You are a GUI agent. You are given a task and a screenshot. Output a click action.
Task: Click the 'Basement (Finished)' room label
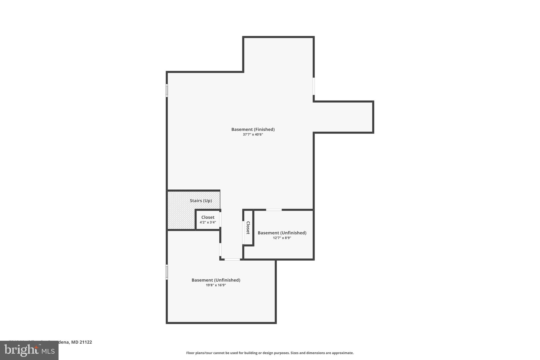tap(253, 129)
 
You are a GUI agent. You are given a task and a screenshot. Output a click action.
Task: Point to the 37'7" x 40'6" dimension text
tap(253, 135)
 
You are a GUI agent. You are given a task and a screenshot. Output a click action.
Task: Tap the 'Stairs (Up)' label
tap(201, 201)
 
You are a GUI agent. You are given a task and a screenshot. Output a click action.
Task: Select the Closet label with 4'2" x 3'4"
tap(208, 217)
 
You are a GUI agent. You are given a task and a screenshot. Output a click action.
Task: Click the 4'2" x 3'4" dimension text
tap(208, 222)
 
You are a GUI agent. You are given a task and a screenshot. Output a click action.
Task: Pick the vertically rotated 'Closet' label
tap(248, 228)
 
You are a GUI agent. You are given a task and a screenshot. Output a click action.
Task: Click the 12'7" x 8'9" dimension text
tap(282, 238)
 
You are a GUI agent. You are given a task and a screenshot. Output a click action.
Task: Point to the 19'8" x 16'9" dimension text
tap(216, 285)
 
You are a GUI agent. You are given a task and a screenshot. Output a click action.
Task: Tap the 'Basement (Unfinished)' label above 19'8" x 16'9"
tap(216, 280)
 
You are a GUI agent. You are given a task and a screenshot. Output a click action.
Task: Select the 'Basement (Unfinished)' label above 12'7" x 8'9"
tap(282, 233)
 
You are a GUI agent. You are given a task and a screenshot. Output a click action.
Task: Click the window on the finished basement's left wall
tap(167, 90)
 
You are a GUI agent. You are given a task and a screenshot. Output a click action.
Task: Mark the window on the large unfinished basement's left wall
tap(167, 272)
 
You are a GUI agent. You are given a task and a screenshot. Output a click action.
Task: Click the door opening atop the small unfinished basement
tap(274, 210)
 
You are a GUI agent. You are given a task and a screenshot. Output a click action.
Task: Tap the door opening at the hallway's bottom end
tap(232, 260)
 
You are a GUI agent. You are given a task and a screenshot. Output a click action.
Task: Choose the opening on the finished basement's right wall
tap(314, 86)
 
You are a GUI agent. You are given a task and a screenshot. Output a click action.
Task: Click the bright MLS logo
tap(29, 350)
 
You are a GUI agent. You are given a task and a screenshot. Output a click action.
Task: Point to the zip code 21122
tap(86, 342)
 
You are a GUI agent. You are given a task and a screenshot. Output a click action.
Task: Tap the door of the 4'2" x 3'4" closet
tap(220, 219)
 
